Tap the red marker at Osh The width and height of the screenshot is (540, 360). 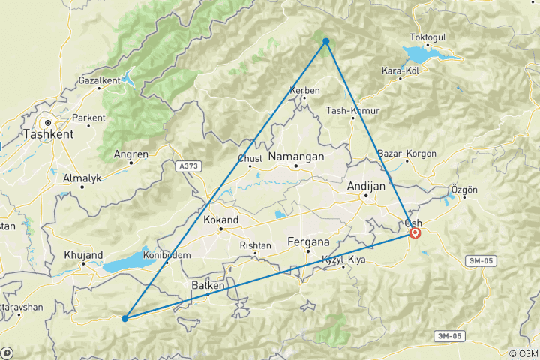coord(415,233)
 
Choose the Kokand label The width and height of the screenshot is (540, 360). coord(221,220)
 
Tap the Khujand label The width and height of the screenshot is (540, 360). coord(83,255)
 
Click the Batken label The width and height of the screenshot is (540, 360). coord(207,285)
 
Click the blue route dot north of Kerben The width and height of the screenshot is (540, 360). coord(326,41)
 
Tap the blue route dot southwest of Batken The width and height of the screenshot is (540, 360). coord(124,319)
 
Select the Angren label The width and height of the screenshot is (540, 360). coord(130,154)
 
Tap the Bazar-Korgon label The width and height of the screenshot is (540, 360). coord(408,154)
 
